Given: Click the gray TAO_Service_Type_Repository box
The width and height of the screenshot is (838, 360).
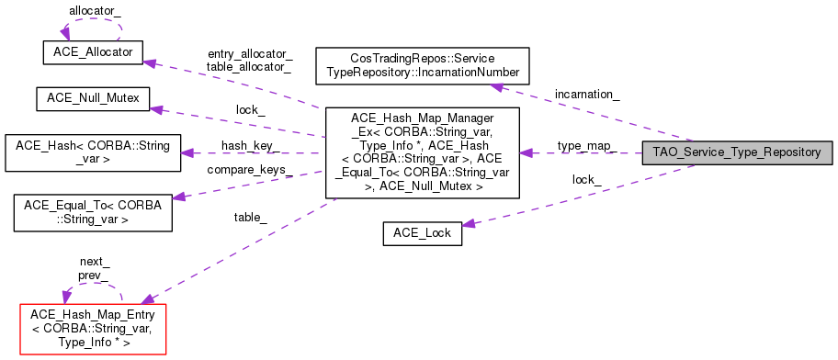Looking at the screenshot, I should [737, 152].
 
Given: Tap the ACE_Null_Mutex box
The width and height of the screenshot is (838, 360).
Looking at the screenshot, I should [91, 99].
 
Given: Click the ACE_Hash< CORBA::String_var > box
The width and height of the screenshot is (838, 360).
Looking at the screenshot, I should [91, 152].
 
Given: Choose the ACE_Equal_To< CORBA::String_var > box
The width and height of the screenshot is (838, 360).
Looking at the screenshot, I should [91, 211].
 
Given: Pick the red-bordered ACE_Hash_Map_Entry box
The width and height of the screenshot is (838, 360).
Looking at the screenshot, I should [91, 328].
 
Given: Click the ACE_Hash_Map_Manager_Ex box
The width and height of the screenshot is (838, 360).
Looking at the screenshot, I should [423, 152].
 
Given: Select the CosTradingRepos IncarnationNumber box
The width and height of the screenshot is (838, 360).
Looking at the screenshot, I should [423, 64].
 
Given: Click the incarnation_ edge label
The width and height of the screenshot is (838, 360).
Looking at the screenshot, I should [586, 94].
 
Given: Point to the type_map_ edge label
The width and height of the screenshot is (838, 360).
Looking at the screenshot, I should [583, 146].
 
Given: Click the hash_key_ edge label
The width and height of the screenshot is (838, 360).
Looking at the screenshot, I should [245, 146].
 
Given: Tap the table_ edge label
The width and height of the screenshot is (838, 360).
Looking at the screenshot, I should [250, 217].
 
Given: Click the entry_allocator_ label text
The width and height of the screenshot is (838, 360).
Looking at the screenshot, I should [250, 54].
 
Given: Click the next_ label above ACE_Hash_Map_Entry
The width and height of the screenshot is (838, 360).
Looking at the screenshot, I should [95, 262].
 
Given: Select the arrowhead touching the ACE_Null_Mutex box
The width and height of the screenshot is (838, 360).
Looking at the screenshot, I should [156, 109].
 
